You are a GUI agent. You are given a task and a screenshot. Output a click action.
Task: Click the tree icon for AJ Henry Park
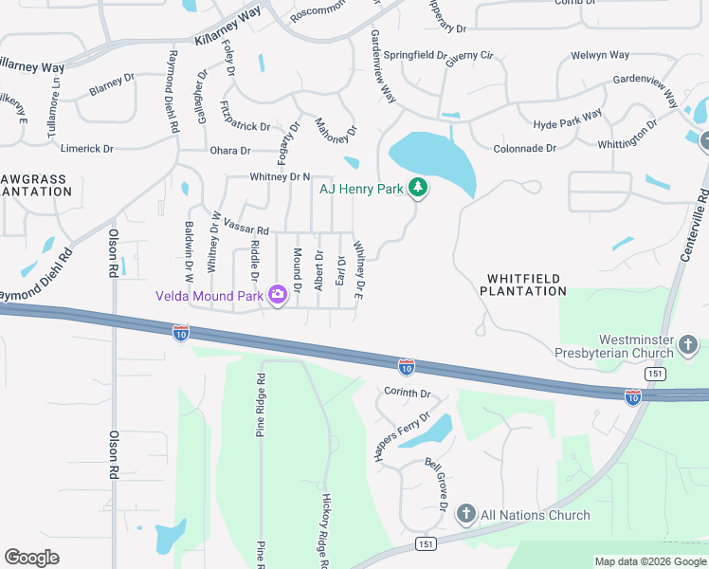coord(417,189)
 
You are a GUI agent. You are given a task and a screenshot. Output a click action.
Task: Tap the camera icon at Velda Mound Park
coord(277,295)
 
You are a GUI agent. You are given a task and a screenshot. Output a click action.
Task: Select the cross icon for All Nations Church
coord(465,515)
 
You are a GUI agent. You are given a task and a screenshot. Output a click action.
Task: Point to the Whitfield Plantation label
coord(526,284)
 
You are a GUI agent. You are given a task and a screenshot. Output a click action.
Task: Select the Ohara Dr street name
coord(230,151)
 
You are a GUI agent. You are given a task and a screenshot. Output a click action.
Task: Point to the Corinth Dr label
coord(408,393)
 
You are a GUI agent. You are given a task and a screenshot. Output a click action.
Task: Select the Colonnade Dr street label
coord(525,149)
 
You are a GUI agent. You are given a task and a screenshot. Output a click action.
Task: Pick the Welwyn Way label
coord(600,56)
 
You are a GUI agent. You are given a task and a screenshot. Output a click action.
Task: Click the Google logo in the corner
coord(31,558)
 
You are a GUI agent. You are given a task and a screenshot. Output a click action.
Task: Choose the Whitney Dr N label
coord(280,177)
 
